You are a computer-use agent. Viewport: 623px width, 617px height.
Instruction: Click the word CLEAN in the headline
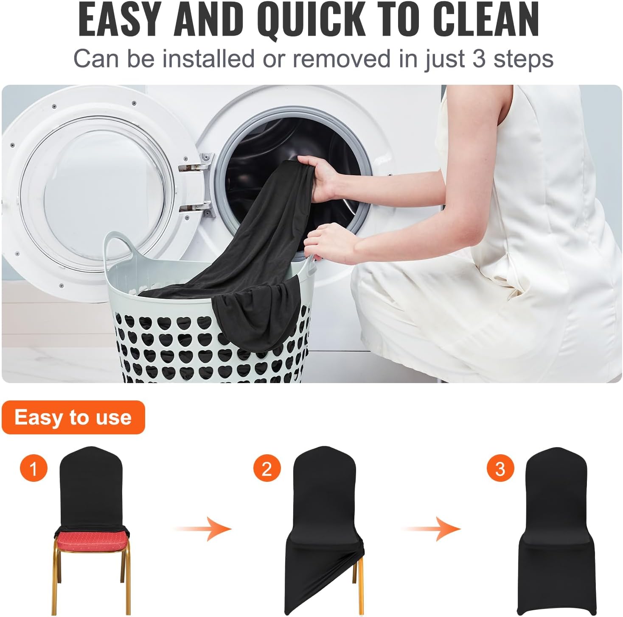click(x=485, y=20)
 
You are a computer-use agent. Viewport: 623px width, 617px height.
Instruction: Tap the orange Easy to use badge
click(x=73, y=417)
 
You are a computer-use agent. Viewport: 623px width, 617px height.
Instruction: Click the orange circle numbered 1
click(x=34, y=468)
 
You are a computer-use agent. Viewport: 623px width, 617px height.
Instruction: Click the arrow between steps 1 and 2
click(x=203, y=529)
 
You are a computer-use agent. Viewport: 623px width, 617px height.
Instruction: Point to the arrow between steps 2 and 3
click(x=432, y=529)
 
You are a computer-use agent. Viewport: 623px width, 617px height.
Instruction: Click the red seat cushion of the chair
click(x=91, y=539)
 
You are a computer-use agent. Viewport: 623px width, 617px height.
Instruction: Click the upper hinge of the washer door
click(x=195, y=164)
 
